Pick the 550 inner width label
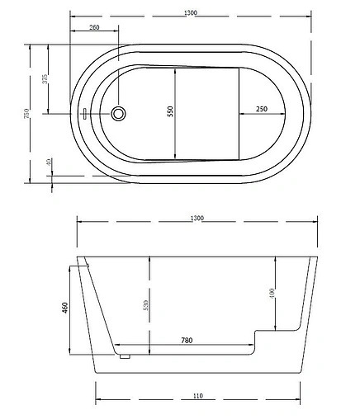point(170,113)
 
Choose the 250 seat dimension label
point(261,109)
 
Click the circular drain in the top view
point(118,113)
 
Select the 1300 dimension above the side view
point(197,219)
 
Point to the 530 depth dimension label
point(145,305)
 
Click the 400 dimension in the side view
point(272,293)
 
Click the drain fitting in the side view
point(125,355)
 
